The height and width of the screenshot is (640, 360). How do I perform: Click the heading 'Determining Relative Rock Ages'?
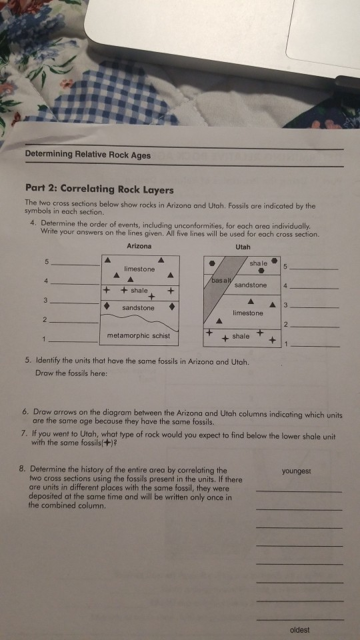click(x=88, y=155)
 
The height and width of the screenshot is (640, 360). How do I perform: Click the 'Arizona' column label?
click(x=139, y=246)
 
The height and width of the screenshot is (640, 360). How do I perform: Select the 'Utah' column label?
click(x=243, y=246)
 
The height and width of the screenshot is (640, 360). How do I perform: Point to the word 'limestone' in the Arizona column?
click(x=139, y=269)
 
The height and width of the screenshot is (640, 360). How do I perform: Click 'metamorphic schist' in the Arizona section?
click(x=139, y=335)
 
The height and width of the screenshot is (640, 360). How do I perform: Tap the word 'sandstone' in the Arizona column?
click(x=138, y=308)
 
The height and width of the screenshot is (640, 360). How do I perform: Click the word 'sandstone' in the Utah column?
click(x=251, y=285)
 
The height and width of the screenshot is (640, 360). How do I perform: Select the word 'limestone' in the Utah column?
click(x=248, y=313)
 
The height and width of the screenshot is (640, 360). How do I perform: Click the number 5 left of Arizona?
click(x=46, y=261)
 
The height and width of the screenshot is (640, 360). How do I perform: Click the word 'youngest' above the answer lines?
click(x=297, y=471)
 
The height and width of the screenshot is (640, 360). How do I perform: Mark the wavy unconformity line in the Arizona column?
click(x=140, y=321)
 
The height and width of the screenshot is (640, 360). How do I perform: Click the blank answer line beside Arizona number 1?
click(x=79, y=341)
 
